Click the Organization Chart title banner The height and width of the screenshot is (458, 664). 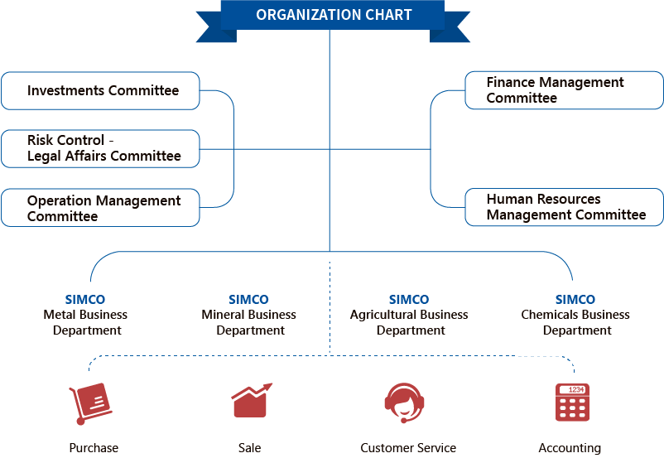click(333, 20)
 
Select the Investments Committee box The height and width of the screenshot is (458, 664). click(100, 90)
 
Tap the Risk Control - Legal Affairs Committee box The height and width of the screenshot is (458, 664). click(100, 149)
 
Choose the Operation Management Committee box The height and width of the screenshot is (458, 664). click(100, 208)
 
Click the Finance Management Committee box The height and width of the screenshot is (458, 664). click(564, 90)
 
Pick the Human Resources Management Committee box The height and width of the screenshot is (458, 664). click(564, 207)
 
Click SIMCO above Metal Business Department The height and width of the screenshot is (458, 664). click(85, 300)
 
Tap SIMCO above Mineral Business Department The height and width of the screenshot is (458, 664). click(248, 300)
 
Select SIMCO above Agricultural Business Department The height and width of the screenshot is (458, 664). click(409, 300)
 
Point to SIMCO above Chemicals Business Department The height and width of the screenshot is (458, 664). click(575, 300)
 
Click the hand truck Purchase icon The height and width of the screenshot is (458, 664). click(90, 403)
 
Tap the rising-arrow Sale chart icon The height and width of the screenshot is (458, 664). click(252, 400)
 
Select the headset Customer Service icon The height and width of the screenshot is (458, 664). click(404, 403)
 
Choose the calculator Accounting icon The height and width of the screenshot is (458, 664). click(572, 403)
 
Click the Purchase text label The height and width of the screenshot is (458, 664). click(94, 448)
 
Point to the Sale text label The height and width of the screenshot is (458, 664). click(249, 448)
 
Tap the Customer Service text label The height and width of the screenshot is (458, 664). click(408, 448)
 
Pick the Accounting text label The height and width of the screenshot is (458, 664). click(570, 448)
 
